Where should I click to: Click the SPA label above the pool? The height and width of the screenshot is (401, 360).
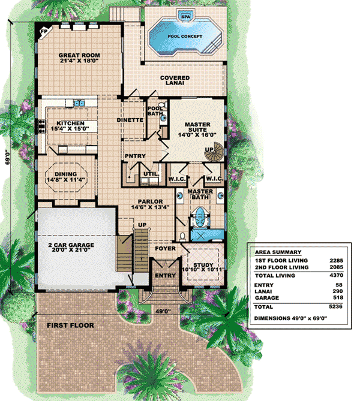[185, 17]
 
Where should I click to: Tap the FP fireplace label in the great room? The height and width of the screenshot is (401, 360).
[44, 31]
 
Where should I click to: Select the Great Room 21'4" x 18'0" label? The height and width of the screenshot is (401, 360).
[79, 58]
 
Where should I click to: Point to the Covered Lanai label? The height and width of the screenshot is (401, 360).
[175, 80]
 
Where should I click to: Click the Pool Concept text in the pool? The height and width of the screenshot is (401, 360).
[185, 37]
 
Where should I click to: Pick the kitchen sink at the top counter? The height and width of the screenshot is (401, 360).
[79, 103]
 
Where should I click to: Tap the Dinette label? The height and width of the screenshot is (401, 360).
[130, 120]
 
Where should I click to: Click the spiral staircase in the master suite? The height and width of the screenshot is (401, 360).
[214, 152]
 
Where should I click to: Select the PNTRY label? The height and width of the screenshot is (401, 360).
[135, 156]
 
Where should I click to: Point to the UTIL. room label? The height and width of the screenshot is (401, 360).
[151, 174]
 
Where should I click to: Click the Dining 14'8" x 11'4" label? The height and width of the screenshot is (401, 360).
[65, 177]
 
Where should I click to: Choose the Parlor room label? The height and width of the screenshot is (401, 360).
[150, 204]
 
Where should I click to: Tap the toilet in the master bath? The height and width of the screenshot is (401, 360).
[182, 237]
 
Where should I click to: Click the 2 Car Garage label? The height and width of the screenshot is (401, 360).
[71, 248]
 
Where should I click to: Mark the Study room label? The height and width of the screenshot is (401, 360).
[203, 267]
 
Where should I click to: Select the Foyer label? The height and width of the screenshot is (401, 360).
[166, 248]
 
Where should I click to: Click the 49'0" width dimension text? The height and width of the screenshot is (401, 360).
[163, 311]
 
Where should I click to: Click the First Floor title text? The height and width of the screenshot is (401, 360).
[70, 325]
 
